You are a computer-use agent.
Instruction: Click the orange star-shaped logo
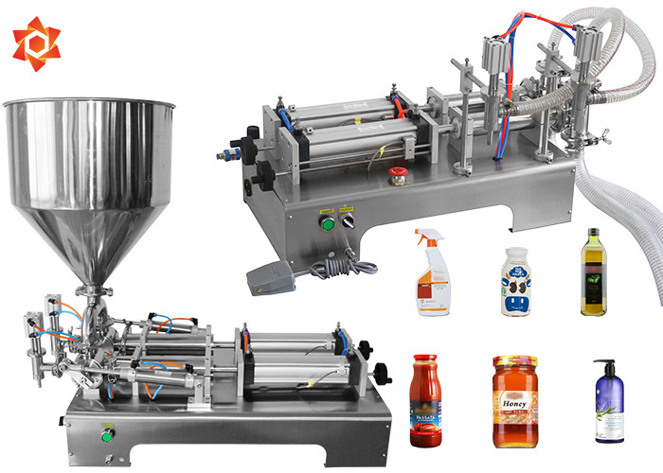click(37, 44)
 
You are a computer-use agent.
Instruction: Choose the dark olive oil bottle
click(592, 276)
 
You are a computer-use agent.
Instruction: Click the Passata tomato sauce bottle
click(424, 401)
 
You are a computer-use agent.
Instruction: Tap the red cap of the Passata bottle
click(424, 360)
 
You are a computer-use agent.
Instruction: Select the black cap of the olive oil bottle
click(593, 233)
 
